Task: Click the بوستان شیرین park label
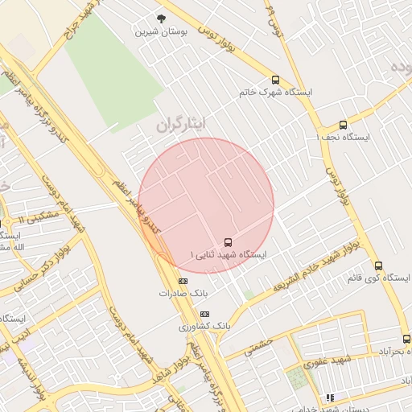pos(163,32)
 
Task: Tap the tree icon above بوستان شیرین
pos(163,19)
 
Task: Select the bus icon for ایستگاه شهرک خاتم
pos(276,80)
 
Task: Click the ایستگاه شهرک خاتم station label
pos(275,92)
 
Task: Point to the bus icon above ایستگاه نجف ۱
pos(343,125)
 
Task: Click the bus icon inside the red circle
pos(228,241)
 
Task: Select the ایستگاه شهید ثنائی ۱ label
pos(228,254)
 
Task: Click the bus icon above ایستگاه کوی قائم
pos(378,265)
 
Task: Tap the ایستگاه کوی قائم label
pos(377,278)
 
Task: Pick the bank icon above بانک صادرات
pos(183,281)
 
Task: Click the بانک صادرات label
pos(183,294)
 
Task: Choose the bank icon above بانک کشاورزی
pos(204,314)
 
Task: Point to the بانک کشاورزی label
pos(204,327)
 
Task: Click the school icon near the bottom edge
pos(330,398)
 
